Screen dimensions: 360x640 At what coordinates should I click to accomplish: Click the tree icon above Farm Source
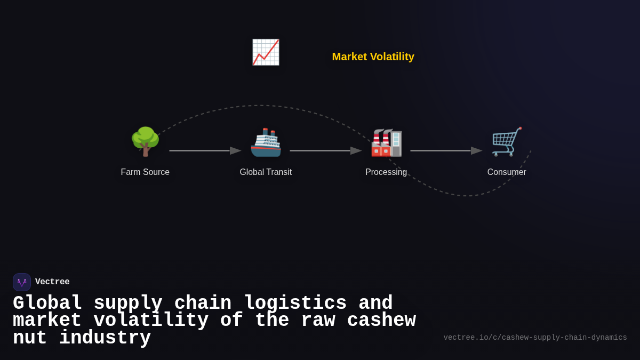(145, 141)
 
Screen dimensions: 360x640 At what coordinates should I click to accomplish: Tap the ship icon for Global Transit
(266, 142)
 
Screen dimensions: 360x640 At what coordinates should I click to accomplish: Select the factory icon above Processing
(386, 142)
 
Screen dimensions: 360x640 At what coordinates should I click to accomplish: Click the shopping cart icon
(506, 142)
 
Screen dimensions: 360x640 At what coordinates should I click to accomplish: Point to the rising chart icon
(266, 52)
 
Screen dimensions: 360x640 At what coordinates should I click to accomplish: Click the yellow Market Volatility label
(373, 57)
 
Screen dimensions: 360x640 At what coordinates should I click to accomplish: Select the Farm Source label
(145, 172)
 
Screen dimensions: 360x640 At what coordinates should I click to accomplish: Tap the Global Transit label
(266, 172)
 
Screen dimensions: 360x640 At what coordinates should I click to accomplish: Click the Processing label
(386, 172)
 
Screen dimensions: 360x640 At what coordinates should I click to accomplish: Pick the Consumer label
(507, 172)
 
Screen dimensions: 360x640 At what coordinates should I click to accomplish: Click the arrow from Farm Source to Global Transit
(205, 150)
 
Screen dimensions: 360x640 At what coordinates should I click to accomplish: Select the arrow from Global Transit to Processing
(325, 150)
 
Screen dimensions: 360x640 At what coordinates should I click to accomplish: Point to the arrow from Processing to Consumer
(446, 150)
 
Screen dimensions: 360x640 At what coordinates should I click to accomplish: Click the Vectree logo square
(22, 282)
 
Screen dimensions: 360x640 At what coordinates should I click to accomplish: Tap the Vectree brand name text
(52, 282)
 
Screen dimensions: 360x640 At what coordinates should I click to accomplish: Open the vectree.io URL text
(535, 338)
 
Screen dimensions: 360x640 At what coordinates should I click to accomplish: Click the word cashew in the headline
(381, 321)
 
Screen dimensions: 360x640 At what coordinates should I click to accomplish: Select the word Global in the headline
(47, 303)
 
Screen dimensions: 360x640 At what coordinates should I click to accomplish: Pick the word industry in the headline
(105, 338)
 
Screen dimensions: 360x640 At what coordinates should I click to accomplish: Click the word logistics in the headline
(295, 303)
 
